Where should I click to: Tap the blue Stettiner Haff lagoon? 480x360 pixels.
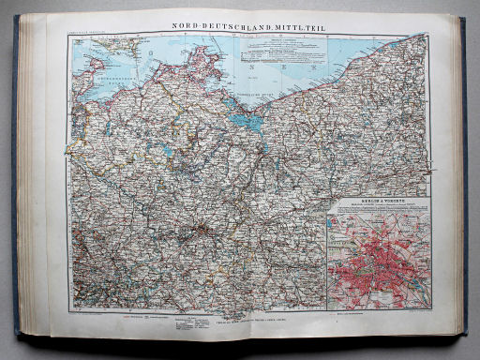click(x=246, y=120)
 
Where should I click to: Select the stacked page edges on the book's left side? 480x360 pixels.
click(x=32, y=178)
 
